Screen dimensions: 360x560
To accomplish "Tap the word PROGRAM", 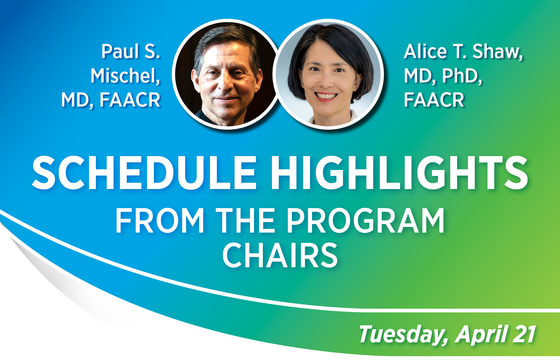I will (365, 221).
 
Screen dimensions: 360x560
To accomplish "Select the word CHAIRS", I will (280, 256).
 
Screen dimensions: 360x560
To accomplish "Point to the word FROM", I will (160, 221).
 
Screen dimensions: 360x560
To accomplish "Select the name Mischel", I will (125, 76).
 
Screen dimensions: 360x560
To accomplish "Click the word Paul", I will (120, 52).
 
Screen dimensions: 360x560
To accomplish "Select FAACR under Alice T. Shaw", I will (434, 100).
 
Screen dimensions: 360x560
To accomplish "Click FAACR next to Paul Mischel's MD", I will (130, 100).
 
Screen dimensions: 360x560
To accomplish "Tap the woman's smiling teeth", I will (326, 96).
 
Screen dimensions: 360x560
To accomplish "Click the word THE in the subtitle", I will (246, 221).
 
